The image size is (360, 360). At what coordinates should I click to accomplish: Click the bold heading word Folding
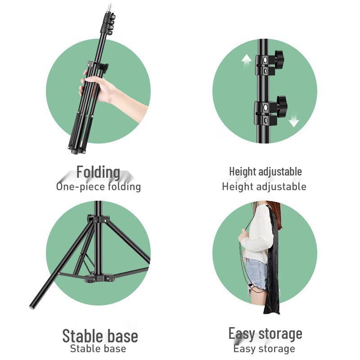point(98,172)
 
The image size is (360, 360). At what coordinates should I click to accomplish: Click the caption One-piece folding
point(98,186)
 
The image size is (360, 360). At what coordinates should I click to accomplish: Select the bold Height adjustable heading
point(265,171)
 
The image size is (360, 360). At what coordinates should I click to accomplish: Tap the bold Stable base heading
point(100,336)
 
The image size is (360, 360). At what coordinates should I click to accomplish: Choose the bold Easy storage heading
point(265,334)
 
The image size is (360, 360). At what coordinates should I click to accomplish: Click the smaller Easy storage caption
point(264,348)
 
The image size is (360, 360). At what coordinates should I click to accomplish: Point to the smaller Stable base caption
point(98,348)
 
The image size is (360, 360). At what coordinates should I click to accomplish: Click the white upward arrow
point(246,61)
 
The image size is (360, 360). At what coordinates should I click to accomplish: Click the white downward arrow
point(294,121)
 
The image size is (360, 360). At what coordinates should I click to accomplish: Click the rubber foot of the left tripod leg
point(32,306)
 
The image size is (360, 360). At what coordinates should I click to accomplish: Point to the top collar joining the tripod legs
point(99,220)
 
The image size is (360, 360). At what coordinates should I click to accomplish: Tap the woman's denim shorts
point(256,274)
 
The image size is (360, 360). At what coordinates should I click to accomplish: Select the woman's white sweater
point(258,234)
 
